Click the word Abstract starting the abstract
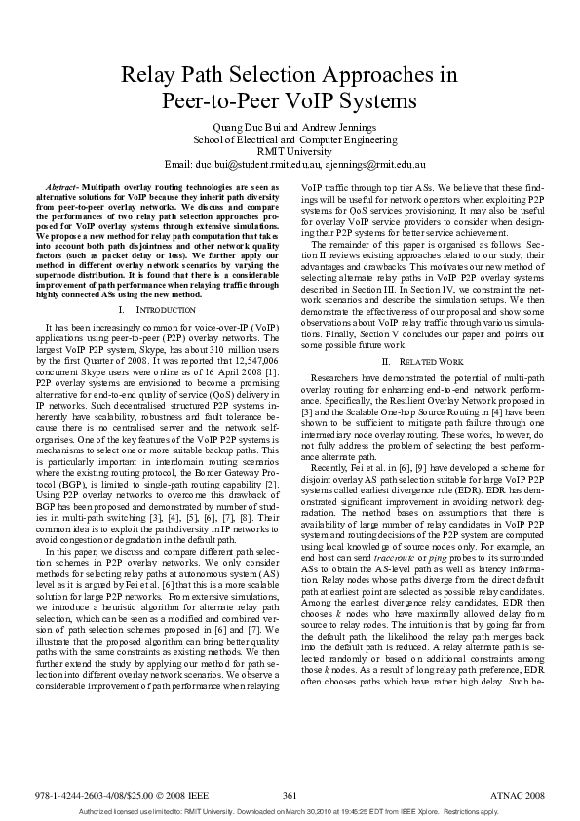(x=62, y=185)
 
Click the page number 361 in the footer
(x=290, y=796)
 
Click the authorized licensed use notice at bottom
(x=290, y=810)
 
